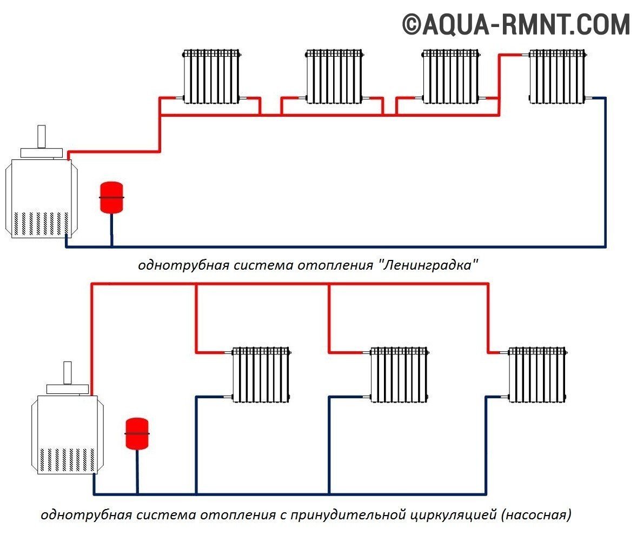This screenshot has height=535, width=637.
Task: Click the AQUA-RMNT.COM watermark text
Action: coord(516,24)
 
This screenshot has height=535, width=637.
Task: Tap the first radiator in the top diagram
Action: coord(211,76)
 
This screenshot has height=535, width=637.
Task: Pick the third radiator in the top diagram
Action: coord(450,76)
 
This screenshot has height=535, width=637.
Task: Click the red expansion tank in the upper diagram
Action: coord(112,198)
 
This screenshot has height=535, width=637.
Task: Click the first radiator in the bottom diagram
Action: coord(261,374)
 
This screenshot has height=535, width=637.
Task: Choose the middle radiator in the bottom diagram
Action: coord(399,374)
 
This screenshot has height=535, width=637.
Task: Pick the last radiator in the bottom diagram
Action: coord(537,374)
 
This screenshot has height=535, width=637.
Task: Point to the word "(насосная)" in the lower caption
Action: coord(536,514)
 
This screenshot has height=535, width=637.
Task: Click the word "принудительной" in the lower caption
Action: coord(346,514)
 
